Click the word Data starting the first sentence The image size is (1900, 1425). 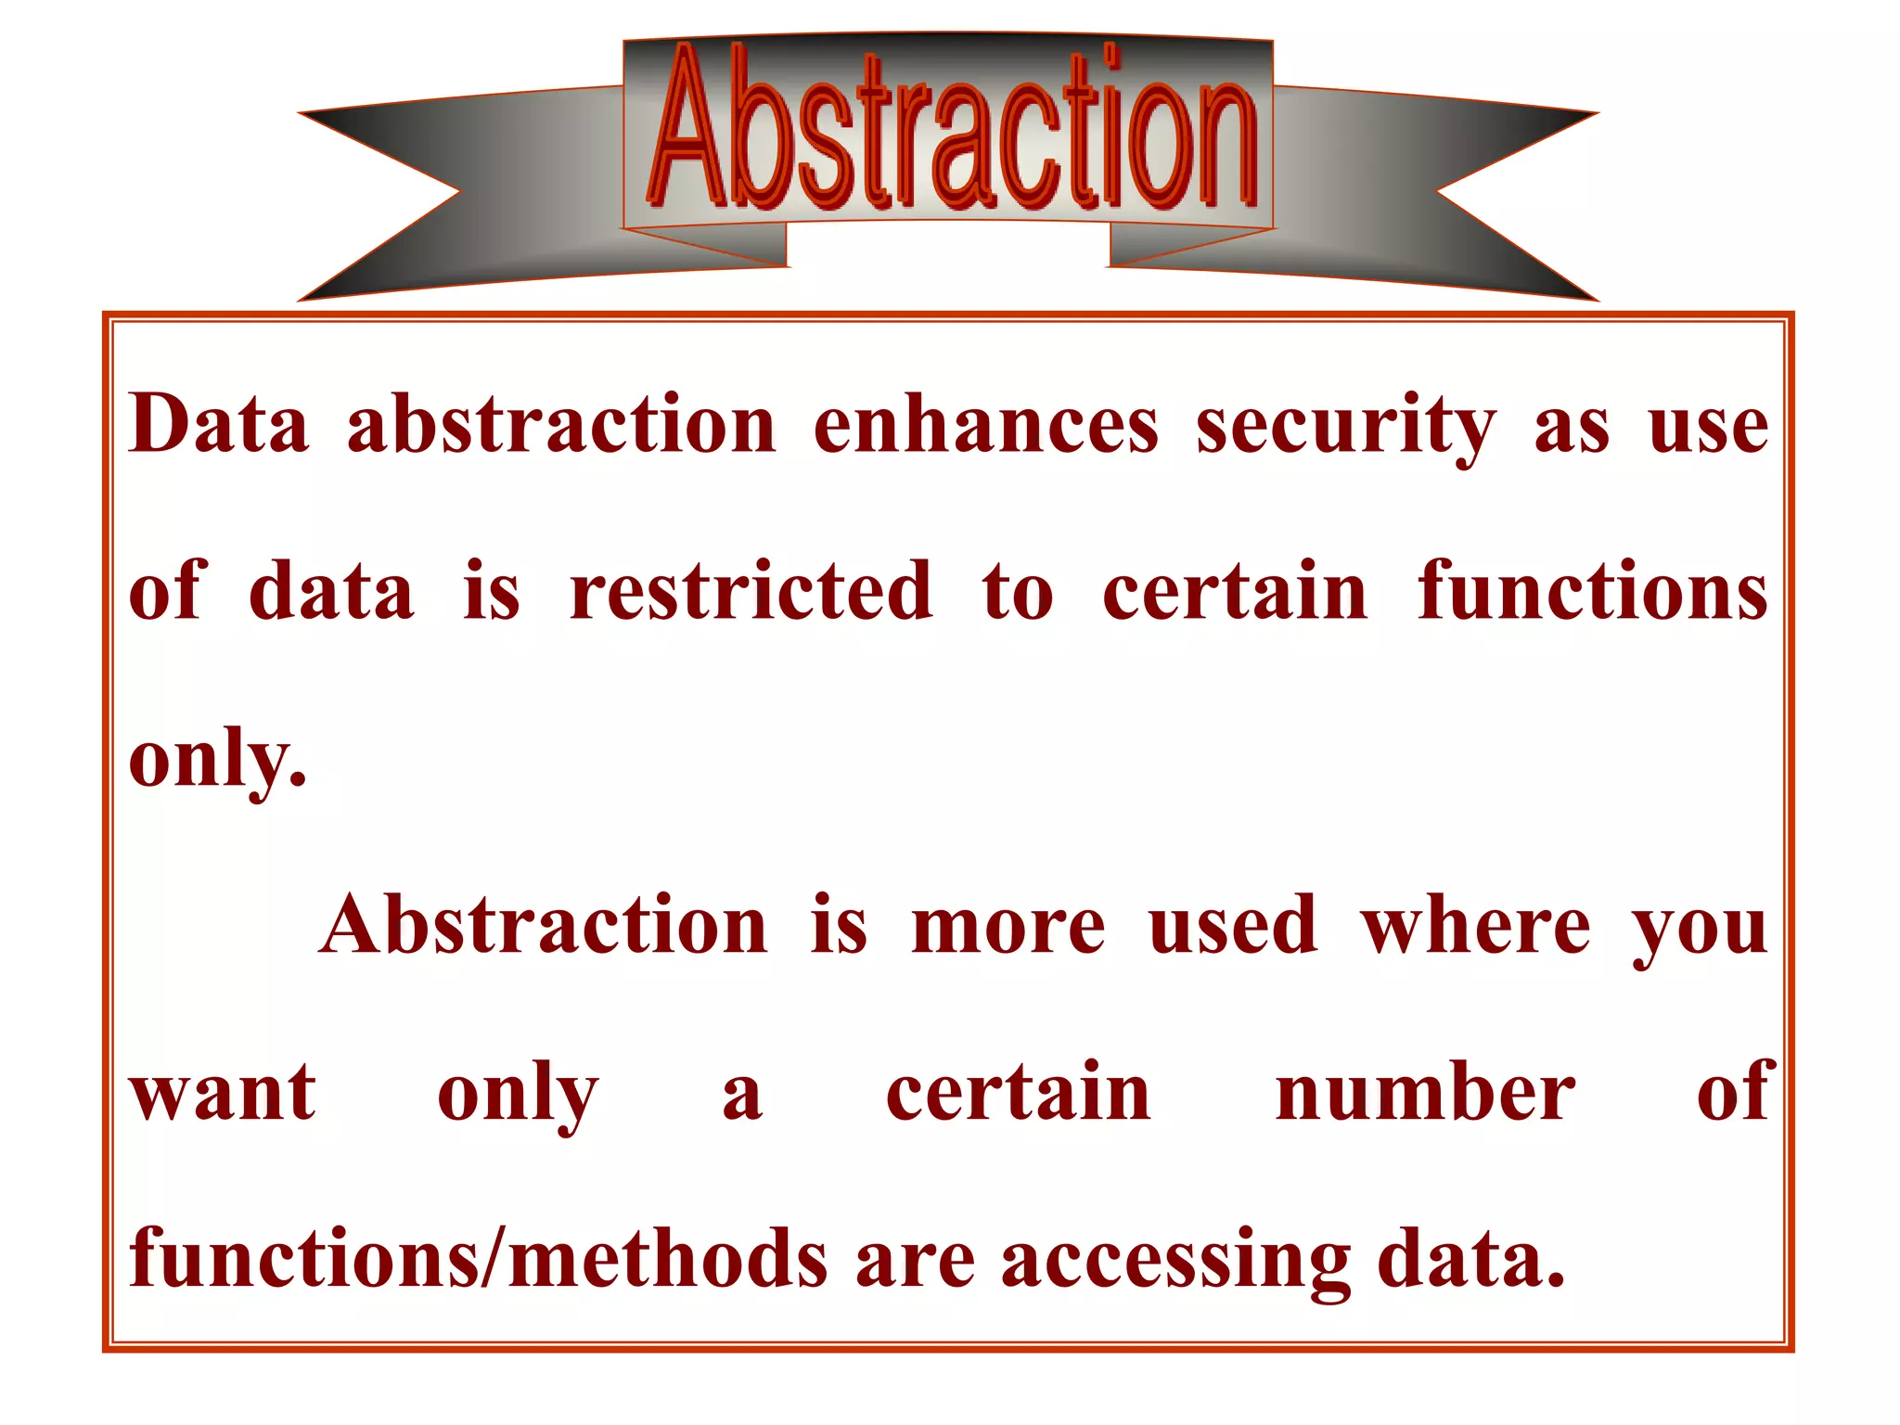tap(219, 424)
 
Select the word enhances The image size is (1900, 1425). tap(985, 424)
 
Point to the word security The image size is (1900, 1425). tap(1345, 427)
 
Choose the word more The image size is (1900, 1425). tap(1008, 926)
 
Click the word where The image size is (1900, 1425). tap(1475, 926)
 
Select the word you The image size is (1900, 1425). tap(1700, 930)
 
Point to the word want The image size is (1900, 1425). tap(223, 1093)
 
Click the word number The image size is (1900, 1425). tap(1425, 1093)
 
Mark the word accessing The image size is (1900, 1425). tap(1175, 1262)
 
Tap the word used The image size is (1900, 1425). tap(1233, 926)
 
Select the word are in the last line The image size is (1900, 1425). tap(915, 1262)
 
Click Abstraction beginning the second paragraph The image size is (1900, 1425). tap(544, 926)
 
